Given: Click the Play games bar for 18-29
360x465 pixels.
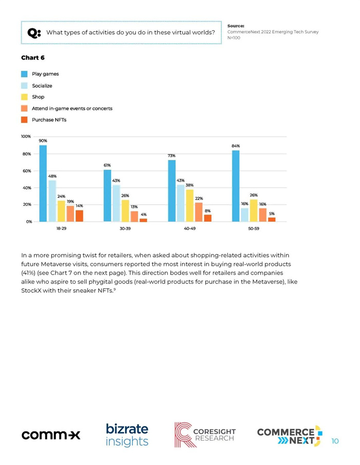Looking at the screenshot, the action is click(43, 183).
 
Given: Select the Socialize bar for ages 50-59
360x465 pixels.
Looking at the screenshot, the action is click(245, 215).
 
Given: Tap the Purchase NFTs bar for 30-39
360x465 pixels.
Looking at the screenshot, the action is click(143, 220).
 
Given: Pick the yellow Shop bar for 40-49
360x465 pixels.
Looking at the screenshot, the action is click(190, 206).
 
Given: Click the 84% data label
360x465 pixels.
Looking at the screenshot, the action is click(236, 146).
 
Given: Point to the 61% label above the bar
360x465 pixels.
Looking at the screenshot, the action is click(107, 165).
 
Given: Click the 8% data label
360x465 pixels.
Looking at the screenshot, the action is click(208, 211).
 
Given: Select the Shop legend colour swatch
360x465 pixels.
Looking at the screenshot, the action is click(24, 97).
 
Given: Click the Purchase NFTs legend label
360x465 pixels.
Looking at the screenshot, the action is click(49, 120).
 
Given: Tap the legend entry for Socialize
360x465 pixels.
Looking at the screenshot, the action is click(42, 86).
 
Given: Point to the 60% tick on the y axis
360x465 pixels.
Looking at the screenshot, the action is click(27, 171).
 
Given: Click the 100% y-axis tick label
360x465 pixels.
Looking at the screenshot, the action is click(26, 136).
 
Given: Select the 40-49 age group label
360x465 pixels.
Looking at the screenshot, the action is click(190, 228).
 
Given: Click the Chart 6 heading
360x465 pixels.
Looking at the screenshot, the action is click(32, 58).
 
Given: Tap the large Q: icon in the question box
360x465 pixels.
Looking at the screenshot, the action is click(34, 32).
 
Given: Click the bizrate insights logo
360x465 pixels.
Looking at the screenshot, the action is click(127, 435).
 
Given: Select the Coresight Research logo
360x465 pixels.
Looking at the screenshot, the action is click(205, 435).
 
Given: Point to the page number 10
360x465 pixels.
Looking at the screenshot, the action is click(335, 441).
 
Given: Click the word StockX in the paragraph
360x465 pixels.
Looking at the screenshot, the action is click(31, 291).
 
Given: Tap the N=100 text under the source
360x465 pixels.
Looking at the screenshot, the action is click(234, 38).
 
